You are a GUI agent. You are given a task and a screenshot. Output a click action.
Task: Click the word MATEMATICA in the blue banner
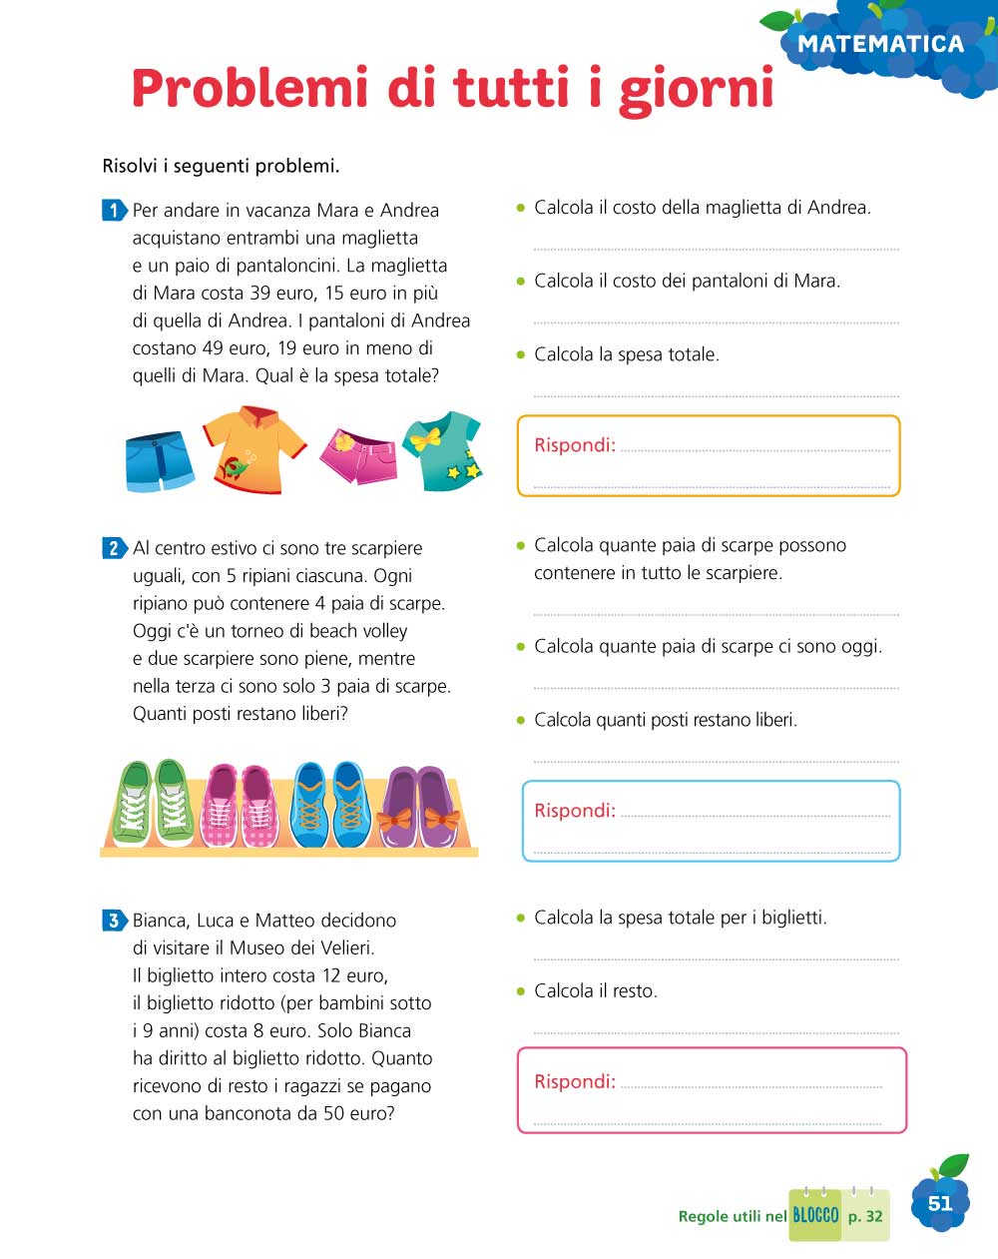point(880,44)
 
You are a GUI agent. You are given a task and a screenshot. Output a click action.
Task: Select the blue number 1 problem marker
point(114,210)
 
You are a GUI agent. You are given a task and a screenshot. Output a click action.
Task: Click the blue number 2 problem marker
point(114,547)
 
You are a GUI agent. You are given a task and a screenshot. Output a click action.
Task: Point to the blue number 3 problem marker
point(114,920)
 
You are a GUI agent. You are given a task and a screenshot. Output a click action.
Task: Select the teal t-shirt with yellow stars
point(442,450)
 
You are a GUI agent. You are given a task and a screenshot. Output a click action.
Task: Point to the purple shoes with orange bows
point(418,807)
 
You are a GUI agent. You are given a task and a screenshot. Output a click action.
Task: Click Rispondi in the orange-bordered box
point(574,445)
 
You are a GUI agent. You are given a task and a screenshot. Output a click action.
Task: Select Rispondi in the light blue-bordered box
point(574,811)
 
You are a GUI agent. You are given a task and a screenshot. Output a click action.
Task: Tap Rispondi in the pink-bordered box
point(574,1081)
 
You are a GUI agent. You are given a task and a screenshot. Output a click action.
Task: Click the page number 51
point(940,1203)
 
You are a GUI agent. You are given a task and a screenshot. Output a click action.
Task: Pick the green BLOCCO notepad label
point(815,1215)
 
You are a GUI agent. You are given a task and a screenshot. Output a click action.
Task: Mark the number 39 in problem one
point(259,293)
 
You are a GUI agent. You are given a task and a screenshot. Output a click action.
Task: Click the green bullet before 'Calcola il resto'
point(520,991)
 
